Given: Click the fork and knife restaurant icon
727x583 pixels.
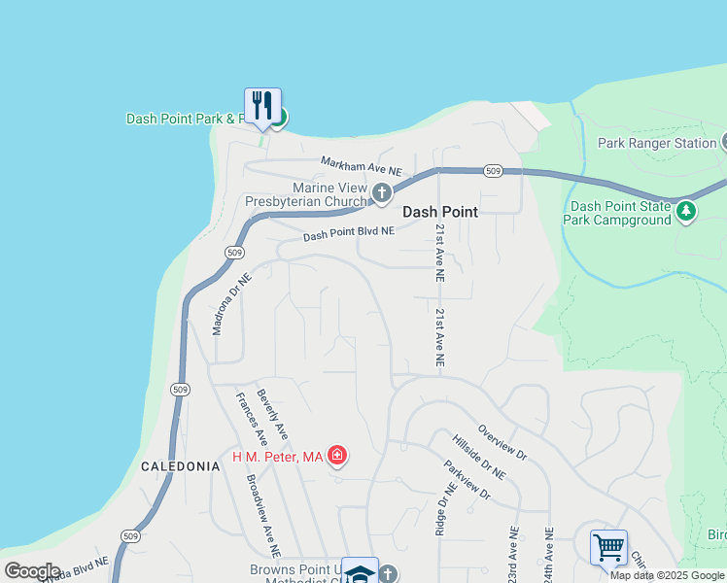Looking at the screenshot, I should point(262,104).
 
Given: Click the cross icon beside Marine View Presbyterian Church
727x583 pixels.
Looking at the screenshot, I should point(382,192).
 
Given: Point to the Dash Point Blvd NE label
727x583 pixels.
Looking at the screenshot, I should point(349,234).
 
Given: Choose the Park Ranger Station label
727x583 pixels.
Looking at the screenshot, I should point(657,143).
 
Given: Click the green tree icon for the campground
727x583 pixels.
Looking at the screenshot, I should point(687,210).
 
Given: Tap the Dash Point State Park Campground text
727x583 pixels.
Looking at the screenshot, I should point(617,213).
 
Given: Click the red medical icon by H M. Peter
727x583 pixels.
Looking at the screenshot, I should point(337,455).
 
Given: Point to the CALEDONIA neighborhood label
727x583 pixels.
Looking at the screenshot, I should point(181,466).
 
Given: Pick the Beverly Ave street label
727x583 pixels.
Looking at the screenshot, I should point(272,412).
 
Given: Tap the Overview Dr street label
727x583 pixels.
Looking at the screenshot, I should point(502,441).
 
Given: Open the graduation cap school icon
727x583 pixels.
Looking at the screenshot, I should point(360,573).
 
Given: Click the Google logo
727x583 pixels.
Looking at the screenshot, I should point(33,571).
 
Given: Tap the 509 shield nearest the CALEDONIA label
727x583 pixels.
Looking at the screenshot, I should point(179,390).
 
